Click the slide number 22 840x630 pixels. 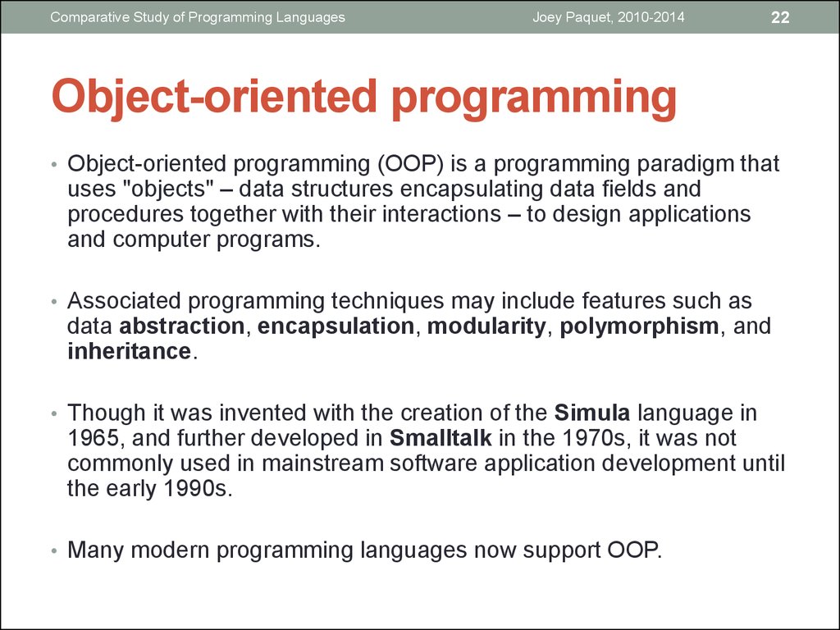(x=780, y=18)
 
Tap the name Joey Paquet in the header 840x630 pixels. (x=571, y=18)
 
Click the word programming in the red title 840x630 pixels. (x=534, y=98)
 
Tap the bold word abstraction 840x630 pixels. (x=181, y=326)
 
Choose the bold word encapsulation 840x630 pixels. (x=336, y=326)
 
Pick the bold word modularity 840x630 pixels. (x=486, y=326)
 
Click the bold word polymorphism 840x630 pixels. (x=639, y=326)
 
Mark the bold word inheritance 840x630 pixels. (x=129, y=351)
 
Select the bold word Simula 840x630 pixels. (x=592, y=413)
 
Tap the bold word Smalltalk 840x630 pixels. (x=441, y=438)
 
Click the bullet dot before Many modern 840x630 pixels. (x=53, y=551)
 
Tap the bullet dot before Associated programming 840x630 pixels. (x=53, y=302)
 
